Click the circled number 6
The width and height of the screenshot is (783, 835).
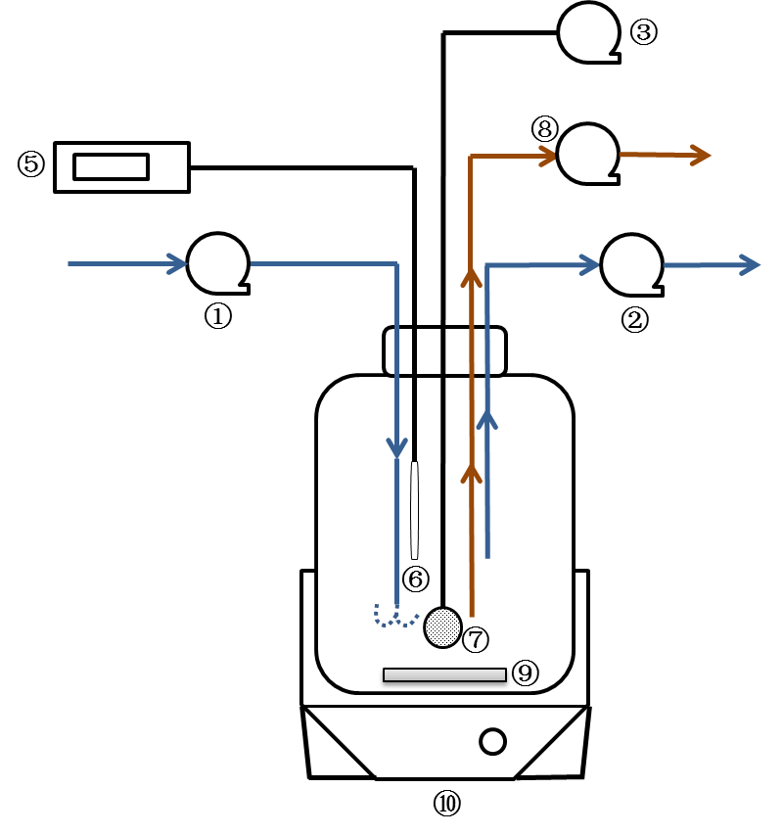(x=415, y=580)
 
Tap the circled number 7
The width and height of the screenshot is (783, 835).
(x=475, y=640)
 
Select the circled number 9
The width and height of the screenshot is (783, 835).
(x=525, y=673)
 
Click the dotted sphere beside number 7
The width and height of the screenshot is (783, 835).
(x=442, y=627)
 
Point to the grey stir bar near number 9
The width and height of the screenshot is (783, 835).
(x=444, y=674)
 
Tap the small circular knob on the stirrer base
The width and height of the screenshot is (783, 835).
(x=492, y=741)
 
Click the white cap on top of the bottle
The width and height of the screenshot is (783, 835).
(x=444, y=351)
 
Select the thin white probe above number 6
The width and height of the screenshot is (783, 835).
(x=414, y=510)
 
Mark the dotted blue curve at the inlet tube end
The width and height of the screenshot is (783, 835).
(x=393, y=617)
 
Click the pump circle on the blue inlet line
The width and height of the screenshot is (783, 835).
(x=217, y=263)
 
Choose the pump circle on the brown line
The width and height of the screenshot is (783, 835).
(x=587, y=154)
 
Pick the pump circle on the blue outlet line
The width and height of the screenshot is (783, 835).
(x=631, y=264)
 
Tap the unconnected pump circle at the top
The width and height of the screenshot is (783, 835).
(x=588, y=32)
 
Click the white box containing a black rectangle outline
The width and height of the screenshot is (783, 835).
(x=121, y=167)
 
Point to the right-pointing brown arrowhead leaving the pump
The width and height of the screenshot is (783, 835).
(x=699, y=155)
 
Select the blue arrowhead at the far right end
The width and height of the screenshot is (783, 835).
(x=750, y=264)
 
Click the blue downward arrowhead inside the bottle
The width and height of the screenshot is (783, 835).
(x=396, y=447)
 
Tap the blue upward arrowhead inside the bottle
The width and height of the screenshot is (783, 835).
(x=487, y=419)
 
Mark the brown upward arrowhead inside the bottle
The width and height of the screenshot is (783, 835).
(x=472, y=474)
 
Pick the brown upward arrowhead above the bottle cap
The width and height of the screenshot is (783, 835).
(x=472, y=278)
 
